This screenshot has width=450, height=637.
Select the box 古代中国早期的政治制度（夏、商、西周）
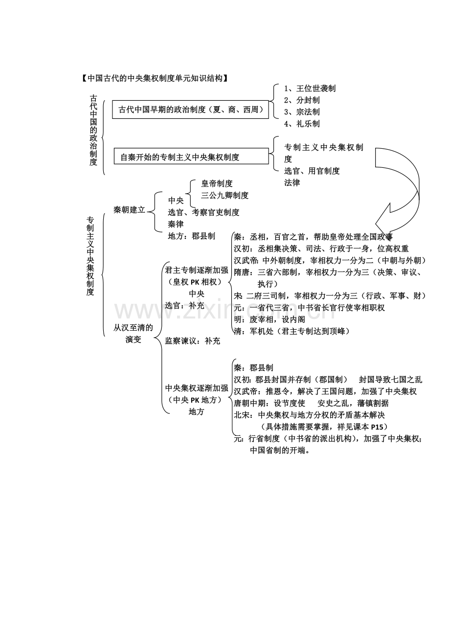[191, 110]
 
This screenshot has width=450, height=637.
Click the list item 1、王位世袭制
[310, 89]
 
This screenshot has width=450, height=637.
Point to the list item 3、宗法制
[302, 112]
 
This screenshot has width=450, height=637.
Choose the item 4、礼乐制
[302, 124]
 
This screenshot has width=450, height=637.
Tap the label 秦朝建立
[129, 209]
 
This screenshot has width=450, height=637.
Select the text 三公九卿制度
[225, 195]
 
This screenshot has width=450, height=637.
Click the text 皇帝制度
[217, 183]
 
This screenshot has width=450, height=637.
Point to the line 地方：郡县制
[191, 236]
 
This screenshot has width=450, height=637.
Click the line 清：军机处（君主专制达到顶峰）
[292, 331]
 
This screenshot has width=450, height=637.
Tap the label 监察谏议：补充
[192, 341]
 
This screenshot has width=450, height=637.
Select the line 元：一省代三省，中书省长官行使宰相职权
[309, 308]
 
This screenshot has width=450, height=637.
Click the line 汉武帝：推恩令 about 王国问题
[325, 391]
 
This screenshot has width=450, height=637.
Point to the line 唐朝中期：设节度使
[270, 403]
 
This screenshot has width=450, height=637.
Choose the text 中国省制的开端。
[280, 451]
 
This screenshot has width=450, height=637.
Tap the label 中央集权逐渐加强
[197, 388]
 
